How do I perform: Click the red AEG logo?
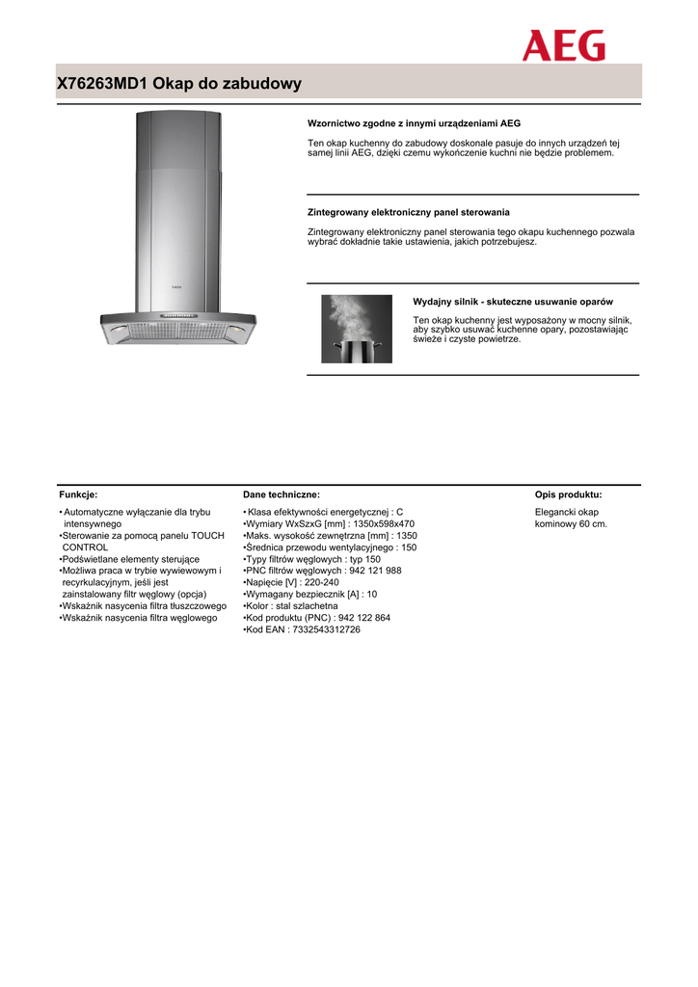point(564,45)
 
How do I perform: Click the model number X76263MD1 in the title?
point(102,84)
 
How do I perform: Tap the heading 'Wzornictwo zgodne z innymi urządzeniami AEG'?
point(414,123)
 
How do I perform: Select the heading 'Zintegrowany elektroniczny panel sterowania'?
point(408,212)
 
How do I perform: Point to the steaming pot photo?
point(357,329)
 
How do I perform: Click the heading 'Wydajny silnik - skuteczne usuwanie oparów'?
point(513,302)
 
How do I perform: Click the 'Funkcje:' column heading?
point(78,494)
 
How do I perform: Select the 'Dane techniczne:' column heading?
point(281,494)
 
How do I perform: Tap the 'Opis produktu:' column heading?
point(568,494)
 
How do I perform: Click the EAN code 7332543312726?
point(325,629)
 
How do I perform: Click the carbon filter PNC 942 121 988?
point(366,571)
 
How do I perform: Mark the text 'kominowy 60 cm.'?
point(571,523)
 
